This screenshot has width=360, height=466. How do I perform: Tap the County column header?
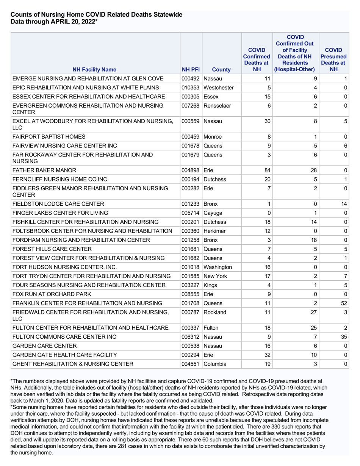click(222, 69)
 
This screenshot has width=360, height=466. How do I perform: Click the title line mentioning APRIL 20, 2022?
click(54, 22)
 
